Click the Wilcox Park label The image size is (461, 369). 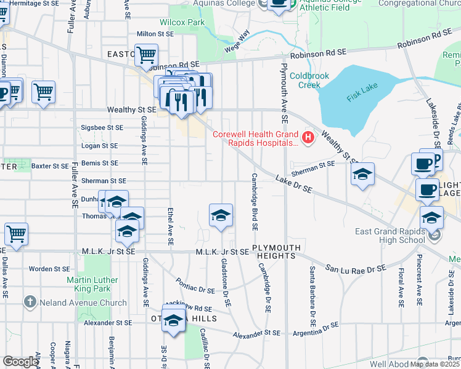182,22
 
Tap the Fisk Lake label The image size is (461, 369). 361,91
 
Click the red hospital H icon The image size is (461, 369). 308,136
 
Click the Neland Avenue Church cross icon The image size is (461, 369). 30,302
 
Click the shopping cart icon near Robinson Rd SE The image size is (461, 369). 147,55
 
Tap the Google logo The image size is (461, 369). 20,362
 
